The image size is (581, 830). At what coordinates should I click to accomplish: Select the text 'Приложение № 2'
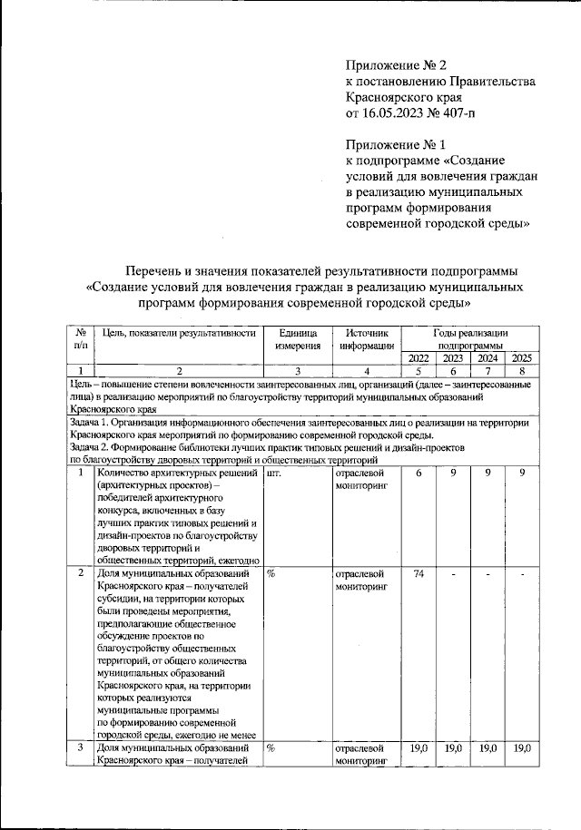click(x=397, y=64)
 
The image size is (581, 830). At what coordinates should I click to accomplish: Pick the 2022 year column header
click(x=419, y=357)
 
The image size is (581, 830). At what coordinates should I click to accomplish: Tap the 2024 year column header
click(x=487, y=357)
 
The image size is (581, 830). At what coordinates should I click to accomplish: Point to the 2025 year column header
click(x=522, y=357)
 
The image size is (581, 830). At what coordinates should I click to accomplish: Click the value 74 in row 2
click(x=419, y=573)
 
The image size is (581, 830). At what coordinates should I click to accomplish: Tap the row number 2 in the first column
click(x=81, y=573)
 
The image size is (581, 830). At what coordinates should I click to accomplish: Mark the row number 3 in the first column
click(x=81, y=748)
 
